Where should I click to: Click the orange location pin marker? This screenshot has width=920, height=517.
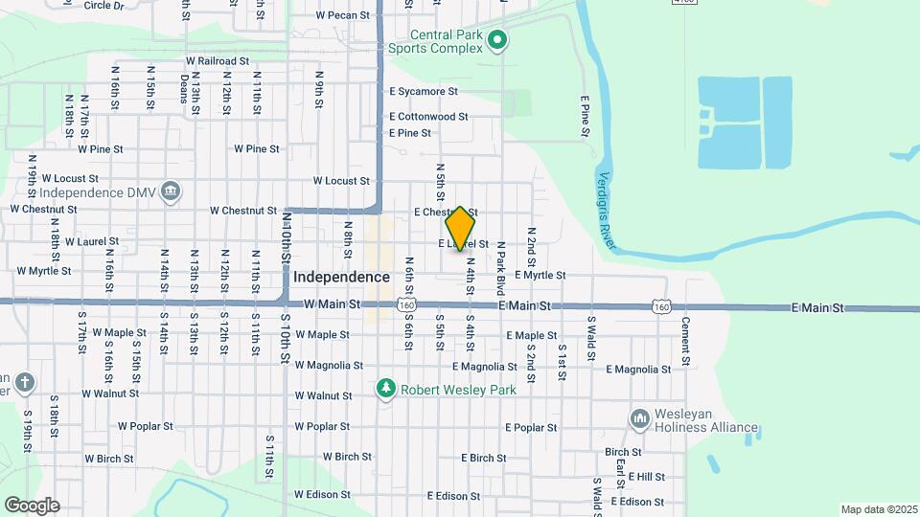click(x=461, y=228)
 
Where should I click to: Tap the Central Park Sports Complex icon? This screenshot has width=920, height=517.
click(x=496, y=40)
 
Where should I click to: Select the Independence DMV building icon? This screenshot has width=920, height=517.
click(x=171, y=191)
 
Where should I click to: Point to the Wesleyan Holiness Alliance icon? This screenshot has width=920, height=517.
click(x=640, y=419)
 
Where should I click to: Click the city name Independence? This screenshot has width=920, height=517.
click(x=342, y=277)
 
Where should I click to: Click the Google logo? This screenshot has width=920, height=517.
click(x=32, y=505)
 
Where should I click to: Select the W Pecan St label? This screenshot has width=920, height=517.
click(x=343, y=15)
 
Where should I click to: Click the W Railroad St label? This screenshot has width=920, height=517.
click(x=218, y=60)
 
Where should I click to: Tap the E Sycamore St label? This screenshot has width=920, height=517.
click(x=424, y=92)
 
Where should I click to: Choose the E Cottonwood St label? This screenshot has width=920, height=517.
click(x=428, y=117)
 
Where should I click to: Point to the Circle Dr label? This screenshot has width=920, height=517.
click(x=104, y=6)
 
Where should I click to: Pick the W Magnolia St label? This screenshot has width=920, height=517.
click(x=329, y=366)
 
